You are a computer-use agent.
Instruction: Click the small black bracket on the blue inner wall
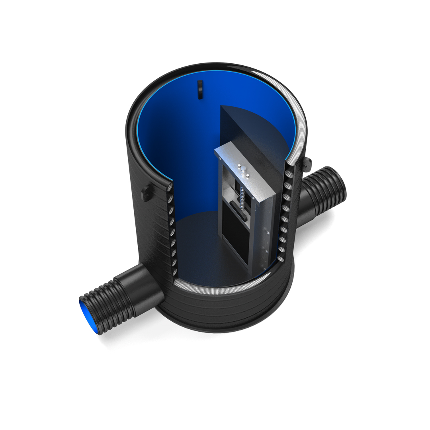200,89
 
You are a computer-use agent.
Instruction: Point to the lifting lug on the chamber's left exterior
146,193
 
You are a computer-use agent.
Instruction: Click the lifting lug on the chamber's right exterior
307,163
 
